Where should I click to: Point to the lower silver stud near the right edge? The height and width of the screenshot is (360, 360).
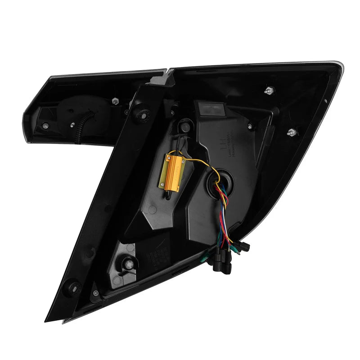[x=291, y=132]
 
